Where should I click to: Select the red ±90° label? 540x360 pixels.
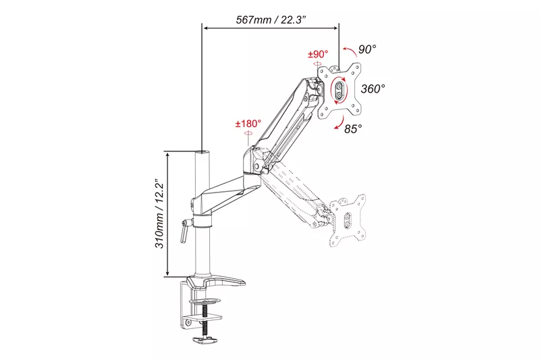pyautogui.click(x=317, y=54)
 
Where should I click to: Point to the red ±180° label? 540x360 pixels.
pyautogui.click(x=248, y=124)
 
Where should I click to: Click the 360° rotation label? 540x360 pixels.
pyautogui.click(x=373, y=88)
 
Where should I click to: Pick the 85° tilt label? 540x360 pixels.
pyautogui.click(x=352, y=128)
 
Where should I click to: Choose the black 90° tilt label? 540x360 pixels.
pyautogui.click(x=367, y=49)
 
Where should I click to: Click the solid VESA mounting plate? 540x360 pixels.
pyautogui.click(x=341, y=91)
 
